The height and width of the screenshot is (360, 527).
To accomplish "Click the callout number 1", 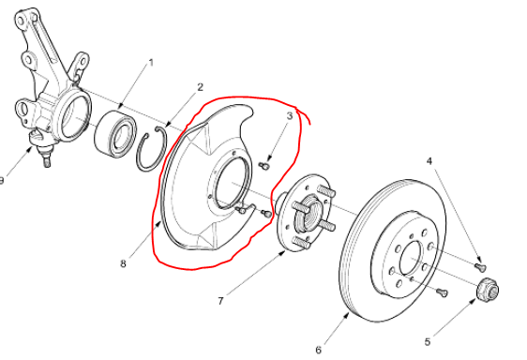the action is click(x=151, y=63).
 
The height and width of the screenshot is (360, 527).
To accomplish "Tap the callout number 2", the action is click(x=201, y=87).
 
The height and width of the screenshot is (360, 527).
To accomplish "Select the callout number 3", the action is click(x=290, y=116).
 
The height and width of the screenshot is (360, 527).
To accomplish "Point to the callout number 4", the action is click(x=429, y=161).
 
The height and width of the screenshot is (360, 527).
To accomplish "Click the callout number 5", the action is click(x=428, y=342).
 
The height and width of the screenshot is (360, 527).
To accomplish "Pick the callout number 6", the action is click(x=318, y=350).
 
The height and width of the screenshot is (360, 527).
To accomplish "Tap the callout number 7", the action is click(x=220, y=301).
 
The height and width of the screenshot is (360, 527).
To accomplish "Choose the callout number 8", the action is click(x=124, y=263).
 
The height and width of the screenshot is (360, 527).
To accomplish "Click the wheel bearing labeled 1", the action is click(x=115, y=134).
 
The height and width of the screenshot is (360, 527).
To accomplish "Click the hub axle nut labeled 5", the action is click(x=488, y=290).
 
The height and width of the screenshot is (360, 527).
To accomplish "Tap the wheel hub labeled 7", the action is click(x=304, y=214).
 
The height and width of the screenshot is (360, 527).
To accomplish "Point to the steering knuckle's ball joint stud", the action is click(x=46, y=158).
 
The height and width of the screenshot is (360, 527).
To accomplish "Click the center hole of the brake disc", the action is click(x=411, y=258).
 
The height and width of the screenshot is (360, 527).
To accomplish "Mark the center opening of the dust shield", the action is click(x=232, y=183).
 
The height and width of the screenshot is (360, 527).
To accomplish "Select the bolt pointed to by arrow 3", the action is click(x=264, y=166).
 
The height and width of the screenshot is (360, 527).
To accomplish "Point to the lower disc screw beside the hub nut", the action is click(x=443, y=292).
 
